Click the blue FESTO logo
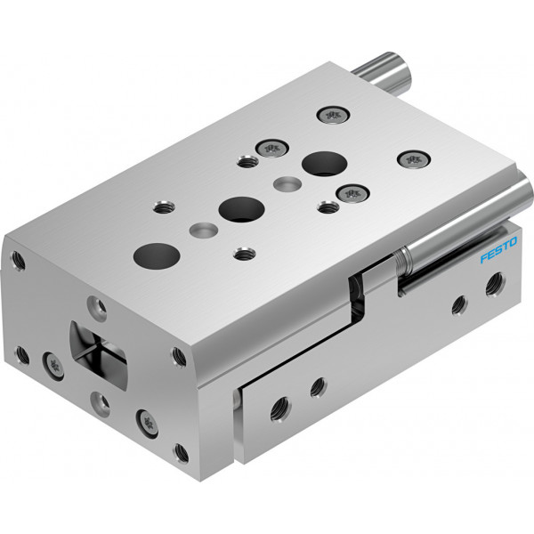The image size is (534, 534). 498,249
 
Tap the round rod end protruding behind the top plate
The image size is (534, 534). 383,72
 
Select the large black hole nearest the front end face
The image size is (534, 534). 157,256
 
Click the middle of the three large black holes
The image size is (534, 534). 241,209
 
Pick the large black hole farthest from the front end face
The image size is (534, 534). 325,164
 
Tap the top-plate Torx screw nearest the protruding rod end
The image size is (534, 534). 333,116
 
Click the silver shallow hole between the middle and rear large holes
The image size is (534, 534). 287,183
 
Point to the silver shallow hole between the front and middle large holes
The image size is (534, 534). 204,231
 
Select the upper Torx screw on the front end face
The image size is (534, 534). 53,366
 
